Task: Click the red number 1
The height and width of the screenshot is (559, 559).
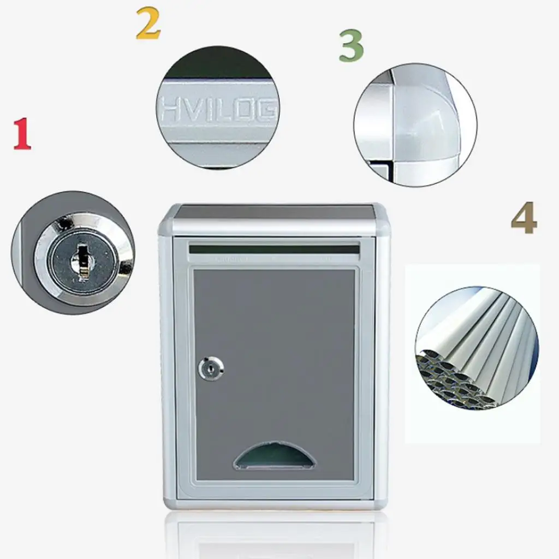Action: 22,134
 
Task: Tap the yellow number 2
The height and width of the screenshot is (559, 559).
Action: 148,25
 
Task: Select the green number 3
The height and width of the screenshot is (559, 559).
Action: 350,46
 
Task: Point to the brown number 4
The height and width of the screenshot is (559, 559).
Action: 524,218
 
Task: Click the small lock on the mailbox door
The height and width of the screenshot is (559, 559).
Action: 210,369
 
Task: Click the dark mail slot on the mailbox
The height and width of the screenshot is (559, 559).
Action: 274,249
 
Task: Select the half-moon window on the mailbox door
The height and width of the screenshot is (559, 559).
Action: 275,457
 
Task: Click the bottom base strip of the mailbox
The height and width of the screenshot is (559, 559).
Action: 274,503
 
